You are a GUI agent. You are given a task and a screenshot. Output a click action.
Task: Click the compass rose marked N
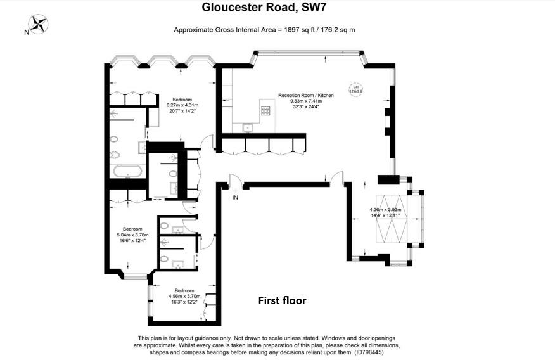coord(39,25)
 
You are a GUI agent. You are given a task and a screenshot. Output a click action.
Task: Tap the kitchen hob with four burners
coord(266,111)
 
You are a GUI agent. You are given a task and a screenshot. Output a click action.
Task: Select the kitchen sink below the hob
coord(247,128)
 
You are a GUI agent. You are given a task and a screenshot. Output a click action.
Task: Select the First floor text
coord(282,300)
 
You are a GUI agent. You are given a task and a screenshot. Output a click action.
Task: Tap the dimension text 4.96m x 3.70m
coord(184,296)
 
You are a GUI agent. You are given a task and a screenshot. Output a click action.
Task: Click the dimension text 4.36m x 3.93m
coord(386,210)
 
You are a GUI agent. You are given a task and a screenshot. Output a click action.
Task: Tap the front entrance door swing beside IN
coord(234,183)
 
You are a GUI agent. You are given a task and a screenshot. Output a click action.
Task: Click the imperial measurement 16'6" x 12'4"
coord(132,240)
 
